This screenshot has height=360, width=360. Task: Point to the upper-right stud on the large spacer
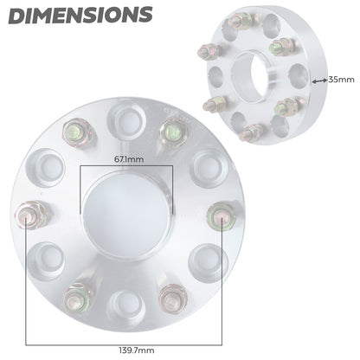point(171,131)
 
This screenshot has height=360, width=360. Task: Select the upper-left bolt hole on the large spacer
point(45,164)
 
